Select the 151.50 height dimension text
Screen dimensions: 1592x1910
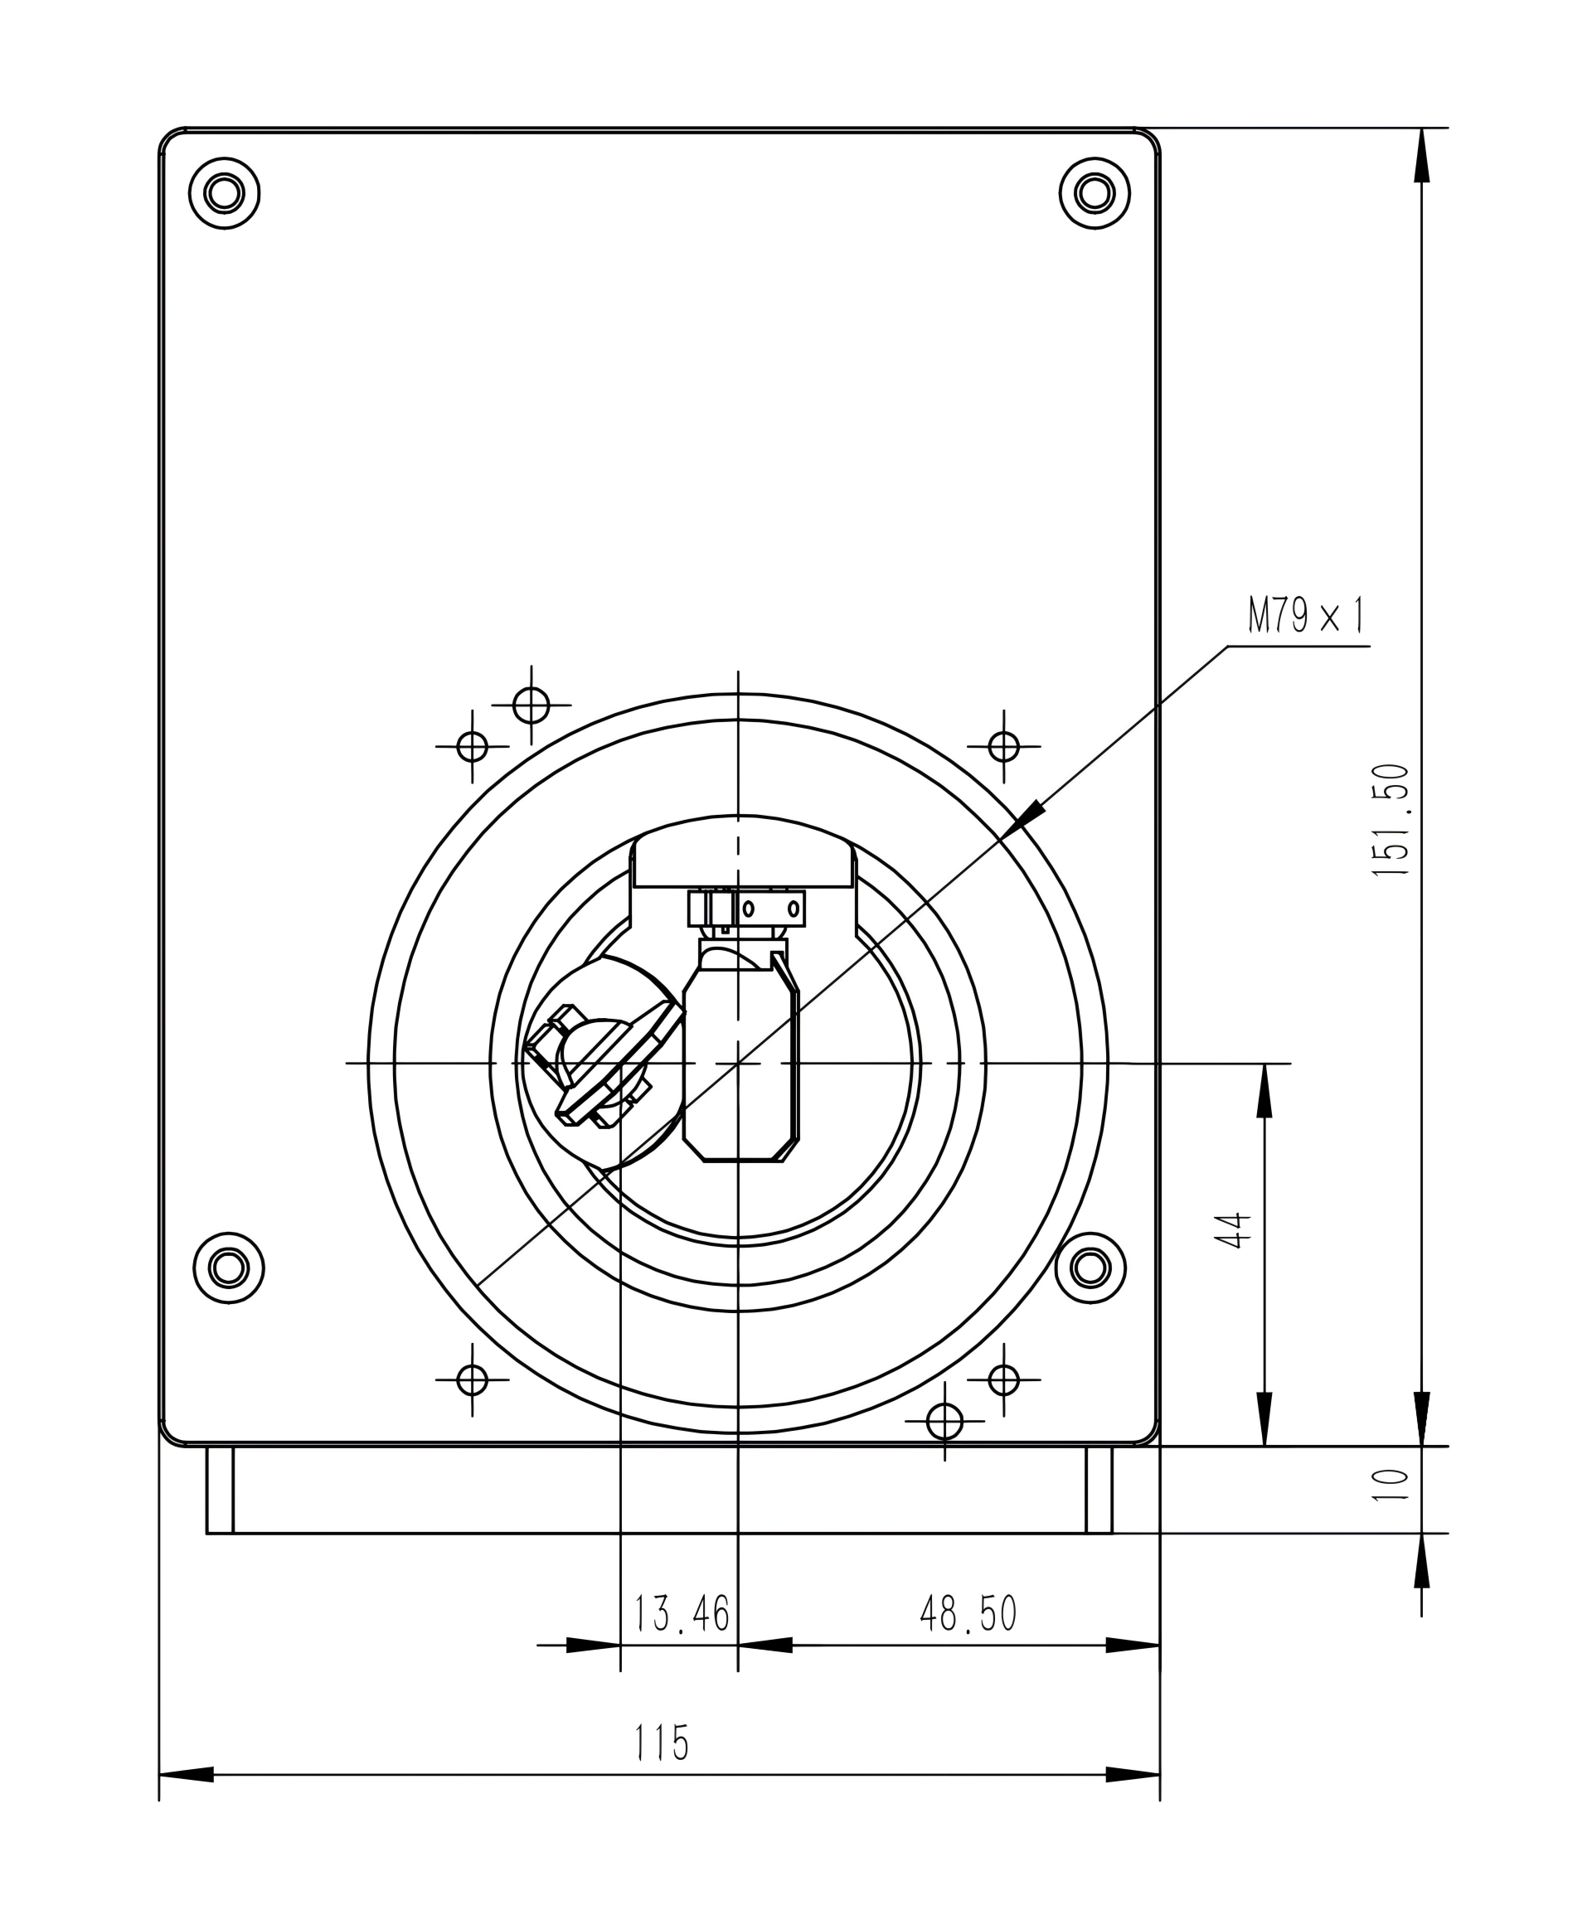coord(1391,820)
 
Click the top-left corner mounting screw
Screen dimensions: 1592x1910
coord(224,193)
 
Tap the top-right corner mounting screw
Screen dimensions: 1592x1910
coord(1094,193)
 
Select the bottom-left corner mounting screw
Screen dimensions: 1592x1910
coord(228,1267)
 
